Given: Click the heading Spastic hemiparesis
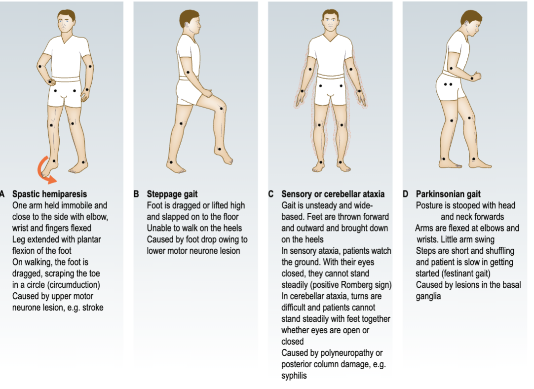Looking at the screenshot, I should coord(49,194).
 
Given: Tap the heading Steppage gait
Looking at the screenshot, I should coord(172,194).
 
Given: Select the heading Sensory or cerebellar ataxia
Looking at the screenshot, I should coord(333,194).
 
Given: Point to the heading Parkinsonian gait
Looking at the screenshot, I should coord(448,194).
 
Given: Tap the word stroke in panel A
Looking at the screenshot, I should coord(92,308).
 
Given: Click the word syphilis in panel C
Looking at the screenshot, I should coord(294,376).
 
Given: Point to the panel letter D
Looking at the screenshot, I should coord(405,194).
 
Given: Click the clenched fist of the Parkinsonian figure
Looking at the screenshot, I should coord(476,77).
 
